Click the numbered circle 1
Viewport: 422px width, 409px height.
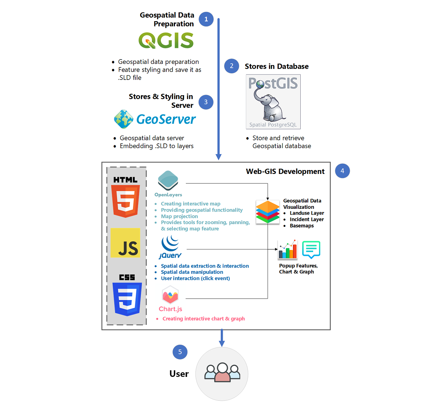pos(206,19)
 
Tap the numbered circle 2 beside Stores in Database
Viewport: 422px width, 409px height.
pos(231,66)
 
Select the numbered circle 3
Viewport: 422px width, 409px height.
pos(206,102)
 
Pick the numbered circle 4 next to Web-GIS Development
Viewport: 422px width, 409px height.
pos(342,171)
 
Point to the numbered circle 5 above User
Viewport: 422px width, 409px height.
pos(180,352)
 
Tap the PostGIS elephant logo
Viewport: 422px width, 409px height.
pos(273,102)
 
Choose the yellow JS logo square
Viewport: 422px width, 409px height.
pos(125,243)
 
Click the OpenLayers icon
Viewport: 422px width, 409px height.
pos(168,181)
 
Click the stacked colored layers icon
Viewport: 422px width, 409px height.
pos(267,212)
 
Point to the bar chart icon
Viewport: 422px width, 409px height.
pos(288,250)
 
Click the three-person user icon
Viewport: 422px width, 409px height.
pos(222,373)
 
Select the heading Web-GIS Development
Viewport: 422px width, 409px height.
pos(285,171)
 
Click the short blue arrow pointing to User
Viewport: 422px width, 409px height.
pos(222,338)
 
